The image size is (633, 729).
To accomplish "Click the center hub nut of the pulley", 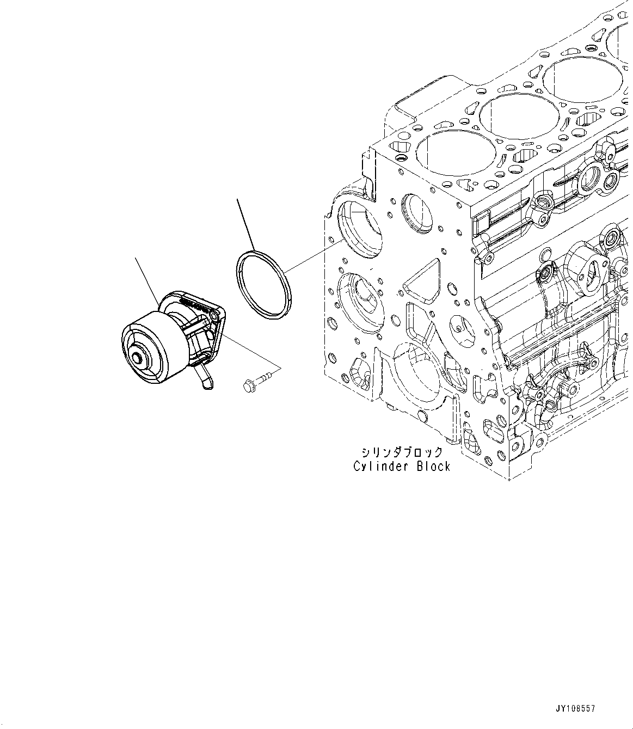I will [x=138, y=359].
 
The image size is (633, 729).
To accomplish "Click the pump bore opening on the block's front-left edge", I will [x=360, y=226].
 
